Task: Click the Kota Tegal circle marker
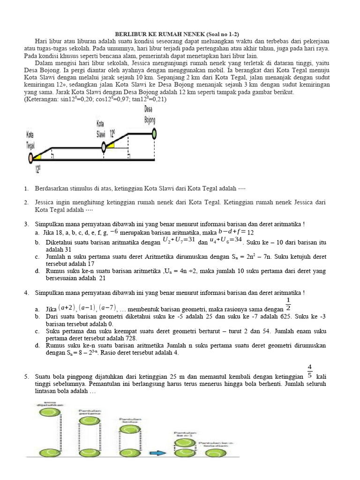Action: click(x=31, y=158)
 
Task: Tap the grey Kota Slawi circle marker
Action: click(x=104, y=148)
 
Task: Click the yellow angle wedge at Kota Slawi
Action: click(x=111, y=146)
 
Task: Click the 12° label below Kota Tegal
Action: click(x=37, y=169)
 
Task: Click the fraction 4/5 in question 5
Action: click(x=309, y=370)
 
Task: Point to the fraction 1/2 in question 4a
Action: click(x=288, y=304)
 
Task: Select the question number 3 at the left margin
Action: click(x=26, y=225)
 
